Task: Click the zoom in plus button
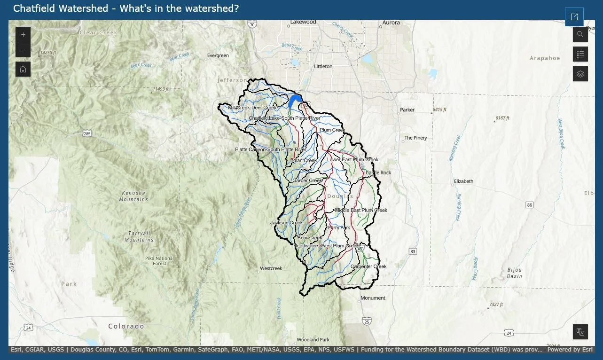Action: (23, 35)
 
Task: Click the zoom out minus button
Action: (23, 50)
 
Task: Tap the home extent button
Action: (23, 70)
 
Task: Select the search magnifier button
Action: (580, 34)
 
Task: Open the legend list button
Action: (580, 54)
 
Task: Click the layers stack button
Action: (580, 74)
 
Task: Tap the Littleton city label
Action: (323, 67)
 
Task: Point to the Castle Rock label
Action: (378, 173)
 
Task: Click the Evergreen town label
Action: (218, 56)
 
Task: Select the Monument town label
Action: (373, 298)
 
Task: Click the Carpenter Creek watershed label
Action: (368, 266)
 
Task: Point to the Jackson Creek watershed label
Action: (287, 223)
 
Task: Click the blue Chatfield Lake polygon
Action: (295, 100)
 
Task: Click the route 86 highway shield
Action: (530, 205)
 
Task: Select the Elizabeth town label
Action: (463, 181)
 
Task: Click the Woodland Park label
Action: (313, 340)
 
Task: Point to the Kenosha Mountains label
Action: (133, 196)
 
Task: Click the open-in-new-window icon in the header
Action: (574, 17)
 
